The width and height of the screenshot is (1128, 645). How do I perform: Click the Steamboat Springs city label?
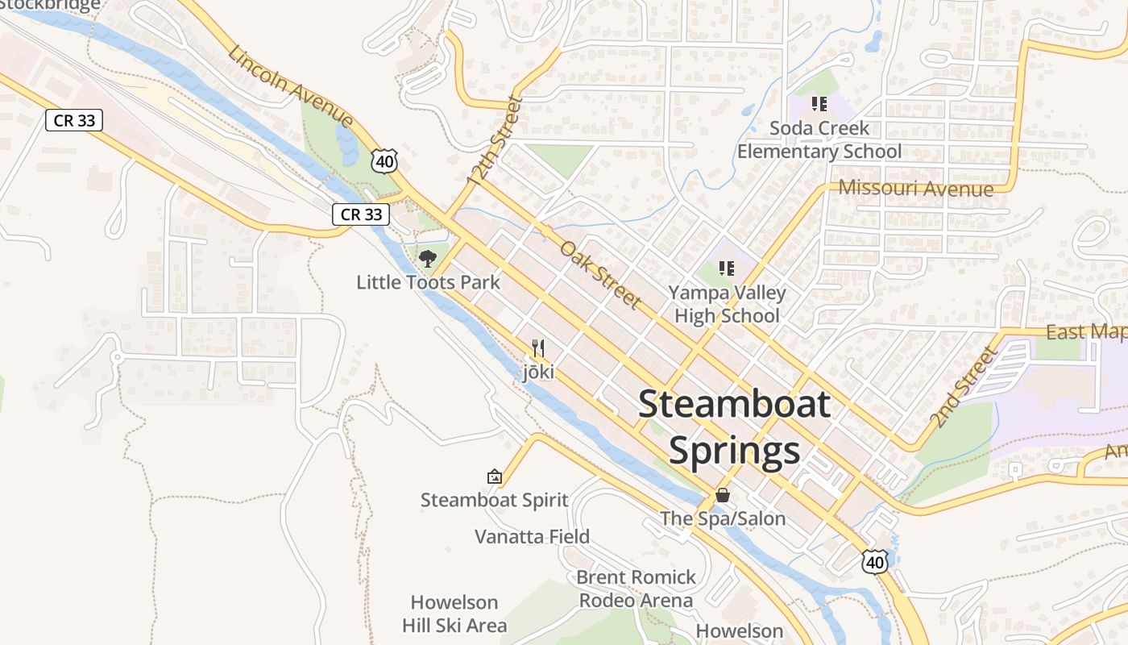click(734, 427)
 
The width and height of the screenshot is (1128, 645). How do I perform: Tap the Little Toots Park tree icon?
click(428, 259)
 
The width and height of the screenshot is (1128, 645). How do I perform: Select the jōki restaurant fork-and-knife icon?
click(538, 348)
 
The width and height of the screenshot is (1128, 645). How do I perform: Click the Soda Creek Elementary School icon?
click(819, 104)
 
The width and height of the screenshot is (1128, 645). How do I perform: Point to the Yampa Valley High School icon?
click(727, 268)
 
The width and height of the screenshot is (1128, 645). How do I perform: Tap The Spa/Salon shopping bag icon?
click(723, 494)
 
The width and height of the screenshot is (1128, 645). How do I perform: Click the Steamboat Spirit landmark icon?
click(495, 476)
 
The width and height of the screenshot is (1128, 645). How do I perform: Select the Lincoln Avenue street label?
click(290, 87)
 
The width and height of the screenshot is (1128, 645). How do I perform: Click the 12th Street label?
click(495, 142)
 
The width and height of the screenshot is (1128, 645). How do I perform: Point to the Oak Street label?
click(601, 274)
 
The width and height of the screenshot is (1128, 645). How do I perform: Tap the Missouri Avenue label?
click(915, 188)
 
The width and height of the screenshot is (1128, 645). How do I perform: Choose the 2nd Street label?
click(963, 388)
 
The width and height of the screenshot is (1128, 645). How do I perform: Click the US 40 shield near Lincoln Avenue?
click(384, 161)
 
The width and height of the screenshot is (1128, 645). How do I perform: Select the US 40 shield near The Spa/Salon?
click(874, 561)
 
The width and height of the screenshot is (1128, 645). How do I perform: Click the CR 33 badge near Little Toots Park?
click(361, 214)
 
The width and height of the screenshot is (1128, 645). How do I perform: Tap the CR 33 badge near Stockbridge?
click(74, 121)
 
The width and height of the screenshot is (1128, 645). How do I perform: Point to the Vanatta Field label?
click(532, 537)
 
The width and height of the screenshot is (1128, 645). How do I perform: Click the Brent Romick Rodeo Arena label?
click(637, 589)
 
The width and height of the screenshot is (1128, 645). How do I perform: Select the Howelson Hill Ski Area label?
click(454, 614)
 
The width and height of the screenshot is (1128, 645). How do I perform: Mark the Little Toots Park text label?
click(428, 282)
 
